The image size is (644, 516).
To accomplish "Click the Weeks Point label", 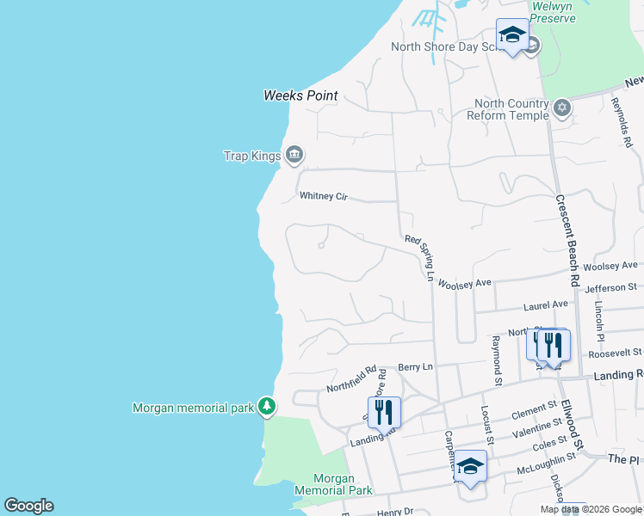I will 300,95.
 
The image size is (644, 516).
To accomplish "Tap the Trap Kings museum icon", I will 294,155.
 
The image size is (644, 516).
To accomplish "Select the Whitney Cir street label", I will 323,196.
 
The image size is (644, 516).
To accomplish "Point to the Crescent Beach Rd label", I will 567,241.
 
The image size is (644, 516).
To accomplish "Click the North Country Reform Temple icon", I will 562,108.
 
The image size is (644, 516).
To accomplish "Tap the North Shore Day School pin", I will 512,36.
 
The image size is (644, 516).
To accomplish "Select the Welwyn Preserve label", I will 553,12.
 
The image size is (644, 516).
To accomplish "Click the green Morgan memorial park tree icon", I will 267,406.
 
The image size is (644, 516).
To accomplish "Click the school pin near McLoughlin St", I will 470,466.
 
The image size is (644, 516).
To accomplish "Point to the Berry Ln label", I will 415,366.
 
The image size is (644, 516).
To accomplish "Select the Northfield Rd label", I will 352,380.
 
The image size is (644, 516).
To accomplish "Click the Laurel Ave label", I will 546,304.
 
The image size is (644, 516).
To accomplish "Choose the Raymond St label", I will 496,360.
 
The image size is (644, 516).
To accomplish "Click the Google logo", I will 28,506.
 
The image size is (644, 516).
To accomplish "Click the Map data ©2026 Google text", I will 591,509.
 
